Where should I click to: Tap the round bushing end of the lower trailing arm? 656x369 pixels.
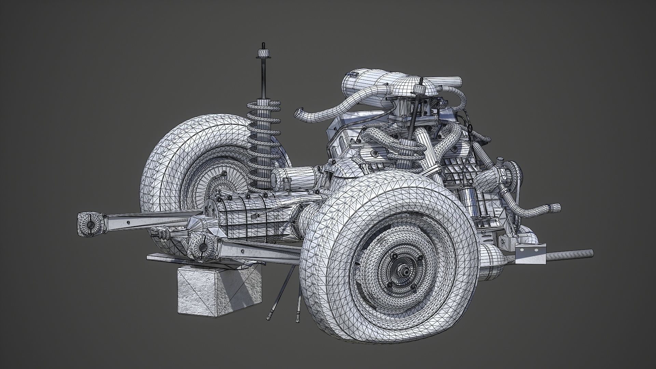point(202,247)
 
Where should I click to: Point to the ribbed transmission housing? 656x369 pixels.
point(239,219)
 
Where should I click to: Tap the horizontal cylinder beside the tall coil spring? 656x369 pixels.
point(301,178)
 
